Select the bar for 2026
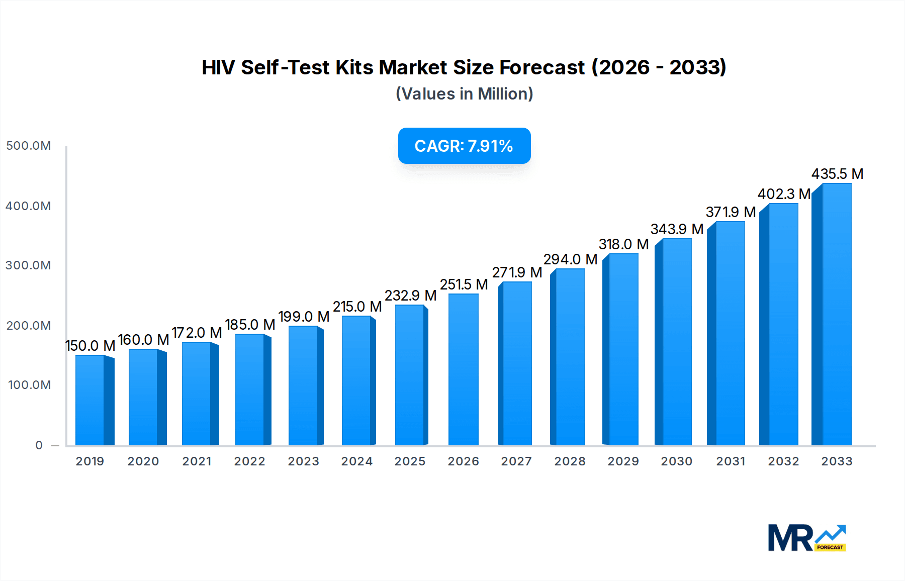[x=463, y=369]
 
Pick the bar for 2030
[x=676, y=342]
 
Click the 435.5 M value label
[x=837, y=174]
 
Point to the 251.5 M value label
[x=464, y=284]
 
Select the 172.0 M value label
[x=197, y=333]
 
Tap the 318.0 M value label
[x=623, y=244]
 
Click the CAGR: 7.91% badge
[x=464, y=146]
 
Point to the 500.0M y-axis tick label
[x=28, y=146]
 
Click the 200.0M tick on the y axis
[x=28, y=326]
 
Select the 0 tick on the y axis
[x=39, y=445]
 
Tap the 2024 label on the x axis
[x=356, y=461]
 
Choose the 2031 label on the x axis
[x=731, y=461]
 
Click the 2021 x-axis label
[x=197, y=461]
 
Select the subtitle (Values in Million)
[x=464, y=94]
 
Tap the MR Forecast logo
[x=806, y=538]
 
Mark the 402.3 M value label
[x=784, y=194]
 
